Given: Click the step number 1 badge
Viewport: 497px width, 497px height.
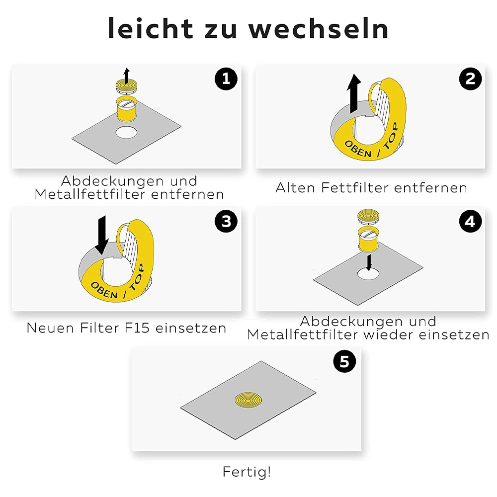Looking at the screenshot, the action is pos(226,79).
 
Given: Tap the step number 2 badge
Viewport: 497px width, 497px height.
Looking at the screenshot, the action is pos(470,79).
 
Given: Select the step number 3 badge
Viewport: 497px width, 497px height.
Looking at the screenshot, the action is pos(226,221).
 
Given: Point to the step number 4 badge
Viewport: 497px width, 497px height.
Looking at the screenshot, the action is pos(470,221).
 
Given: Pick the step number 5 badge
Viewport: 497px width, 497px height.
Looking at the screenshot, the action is pos(344,361).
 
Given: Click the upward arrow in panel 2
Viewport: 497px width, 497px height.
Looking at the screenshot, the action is pos(354,94).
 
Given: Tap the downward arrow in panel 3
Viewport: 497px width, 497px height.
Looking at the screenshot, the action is pos(102,235).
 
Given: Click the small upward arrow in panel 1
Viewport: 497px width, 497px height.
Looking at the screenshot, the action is pos(127,76).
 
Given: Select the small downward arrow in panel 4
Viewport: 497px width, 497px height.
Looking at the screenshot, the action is pos(369,263).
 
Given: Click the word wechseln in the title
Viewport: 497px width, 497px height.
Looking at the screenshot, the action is pos(318,29).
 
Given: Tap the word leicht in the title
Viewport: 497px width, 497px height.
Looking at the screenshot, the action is pos(150,28).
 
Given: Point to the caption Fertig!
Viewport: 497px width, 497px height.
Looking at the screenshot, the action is pos(247,472).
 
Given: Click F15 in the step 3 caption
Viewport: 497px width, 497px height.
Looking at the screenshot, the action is pos(137,328).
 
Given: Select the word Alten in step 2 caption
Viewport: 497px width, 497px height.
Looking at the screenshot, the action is pos(296,188).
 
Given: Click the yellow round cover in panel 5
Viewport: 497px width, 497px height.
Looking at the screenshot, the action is pos(248,400).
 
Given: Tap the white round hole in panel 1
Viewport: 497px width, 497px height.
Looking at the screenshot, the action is pos(126,133).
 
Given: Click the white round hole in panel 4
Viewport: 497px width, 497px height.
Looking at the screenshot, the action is pos(368,273).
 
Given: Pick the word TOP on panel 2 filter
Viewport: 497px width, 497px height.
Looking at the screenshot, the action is pos(391,136).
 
